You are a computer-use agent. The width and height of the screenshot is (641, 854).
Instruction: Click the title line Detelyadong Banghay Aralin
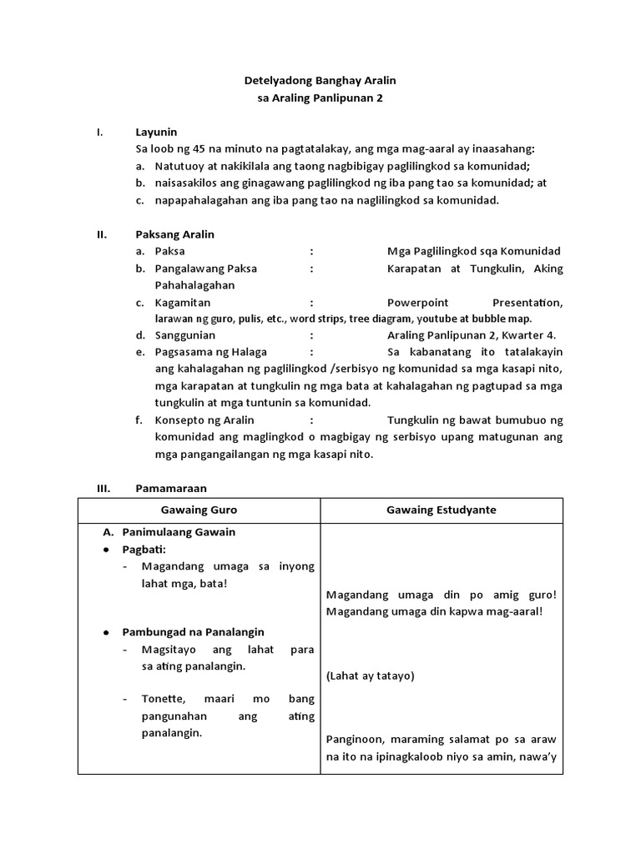tap(320, 81)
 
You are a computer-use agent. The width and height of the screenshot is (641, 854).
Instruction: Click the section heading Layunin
tap(156, 132)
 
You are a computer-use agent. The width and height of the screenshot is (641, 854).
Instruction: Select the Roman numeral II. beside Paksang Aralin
tap(103, 234)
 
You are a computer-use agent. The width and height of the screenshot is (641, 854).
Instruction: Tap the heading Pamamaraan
tap(170, 488)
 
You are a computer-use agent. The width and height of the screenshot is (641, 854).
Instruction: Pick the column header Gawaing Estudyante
tap(442, 510)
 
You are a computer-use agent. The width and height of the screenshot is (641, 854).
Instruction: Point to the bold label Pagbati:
tap(144, 550)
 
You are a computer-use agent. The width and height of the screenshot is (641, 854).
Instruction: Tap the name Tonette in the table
tap(162, 698)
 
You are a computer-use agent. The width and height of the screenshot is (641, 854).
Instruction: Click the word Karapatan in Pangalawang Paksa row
tap(414, 269)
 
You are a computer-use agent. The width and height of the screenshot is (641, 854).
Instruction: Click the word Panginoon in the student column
tap(354, 739)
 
